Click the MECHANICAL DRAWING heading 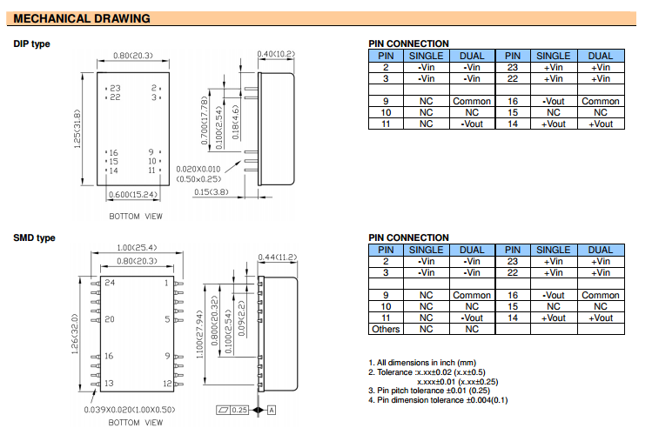[x=82, y=18]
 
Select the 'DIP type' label [x=31, y=44]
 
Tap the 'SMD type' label [x=34, y=238]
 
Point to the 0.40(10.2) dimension [x=276, y=54]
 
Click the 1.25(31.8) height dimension [x=77, y=129]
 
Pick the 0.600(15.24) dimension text [x=133, y=195]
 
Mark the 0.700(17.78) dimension [x=205, y=121]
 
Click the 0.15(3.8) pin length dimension [x=212, y=192]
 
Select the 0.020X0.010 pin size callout [x=198, y=169]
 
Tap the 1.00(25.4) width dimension [x=137, y=248]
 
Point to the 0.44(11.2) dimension [x=278, y=257]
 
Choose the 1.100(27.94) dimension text [x=199, y=334]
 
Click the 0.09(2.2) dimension [x=242, y=318]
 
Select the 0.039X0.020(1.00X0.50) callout [x=130, y=410]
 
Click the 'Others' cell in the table [x=386, y=329]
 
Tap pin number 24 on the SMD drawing [x=110, y=283]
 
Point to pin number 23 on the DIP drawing [x=115, y=88]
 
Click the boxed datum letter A [x=272, y=411]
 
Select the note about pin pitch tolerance [x=429, y=391]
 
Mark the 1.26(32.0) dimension [x=75, y=334]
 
